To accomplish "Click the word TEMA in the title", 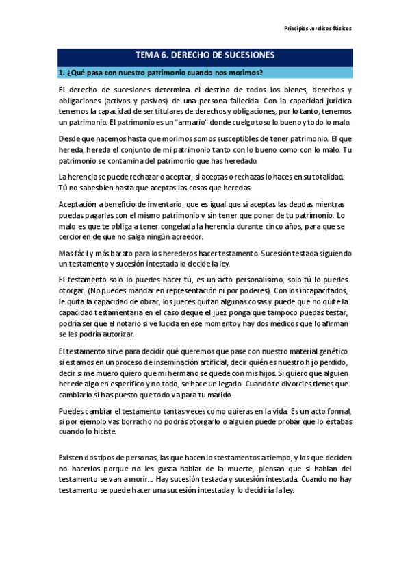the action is tap(149, 55).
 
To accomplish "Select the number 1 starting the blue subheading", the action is tap(60, 73).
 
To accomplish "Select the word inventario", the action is tap(153, 205).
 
